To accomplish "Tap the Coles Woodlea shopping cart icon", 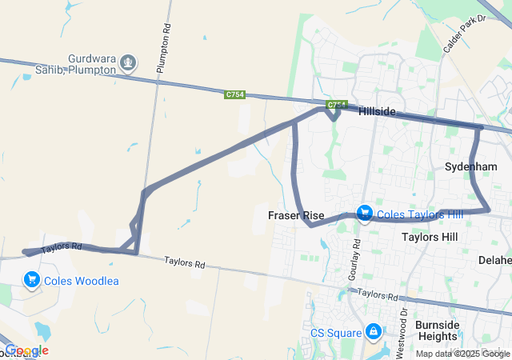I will click(32, 279).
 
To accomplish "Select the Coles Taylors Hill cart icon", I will click(365, 214).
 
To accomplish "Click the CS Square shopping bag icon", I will click(373, 331).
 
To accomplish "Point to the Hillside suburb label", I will click(378, 111).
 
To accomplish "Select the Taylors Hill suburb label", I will click(430, 238).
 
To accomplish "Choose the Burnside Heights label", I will click(437, 331).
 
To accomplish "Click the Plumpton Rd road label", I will click(165, 50).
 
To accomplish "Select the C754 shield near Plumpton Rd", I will click(234, 94).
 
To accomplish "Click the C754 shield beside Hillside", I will click(336, 105).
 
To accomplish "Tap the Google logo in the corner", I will click(26, 350).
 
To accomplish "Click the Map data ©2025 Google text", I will click(462, 354).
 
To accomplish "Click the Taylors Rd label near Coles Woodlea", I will click(62, 248).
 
